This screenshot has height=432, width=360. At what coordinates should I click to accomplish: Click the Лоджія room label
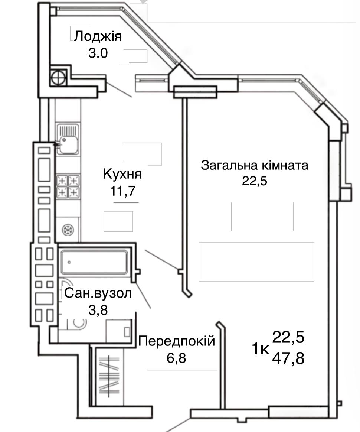pyautogui.click(x=98, y=37)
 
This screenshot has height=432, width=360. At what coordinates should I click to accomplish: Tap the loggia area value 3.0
pyautogui.click(x=98, y=53)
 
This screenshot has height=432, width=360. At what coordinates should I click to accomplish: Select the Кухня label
pyautogui.click(x=122, y=174)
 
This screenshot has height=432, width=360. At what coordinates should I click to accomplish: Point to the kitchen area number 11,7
pyautogui.click(x=123, y=191)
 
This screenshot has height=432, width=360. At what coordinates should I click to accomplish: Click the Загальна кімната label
pyautogui.click(x=255, y=166)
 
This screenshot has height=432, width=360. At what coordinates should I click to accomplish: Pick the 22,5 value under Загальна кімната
pyautogui.click(x=255, y=181)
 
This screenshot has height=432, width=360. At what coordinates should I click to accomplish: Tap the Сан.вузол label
pyautogui.click(x=98, y=294)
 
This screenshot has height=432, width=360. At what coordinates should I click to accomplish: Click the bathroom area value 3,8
pyautogui.click(x=98, y=310)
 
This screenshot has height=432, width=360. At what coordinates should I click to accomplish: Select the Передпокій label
pyautogui.click(x=176, y=341)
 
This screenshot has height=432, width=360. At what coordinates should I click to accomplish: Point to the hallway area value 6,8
pyautogui.click(x=176, y=358)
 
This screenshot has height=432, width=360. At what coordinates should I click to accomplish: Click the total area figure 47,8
pyautogui.click(x=288, y=359)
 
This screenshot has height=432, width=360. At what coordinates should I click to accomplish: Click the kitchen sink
pyautogui.click(x=68, y=139)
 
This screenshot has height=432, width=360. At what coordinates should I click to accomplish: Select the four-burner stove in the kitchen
pyautogui.click(x=68, y=186)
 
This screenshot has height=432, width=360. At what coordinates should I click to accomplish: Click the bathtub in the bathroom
pyautogui.click(x=94, y=262)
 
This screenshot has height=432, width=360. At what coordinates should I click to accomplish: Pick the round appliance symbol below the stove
pyautogui.click(x=68, y=230)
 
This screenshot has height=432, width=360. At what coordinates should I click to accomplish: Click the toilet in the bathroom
pyautogui.click(x=77, y=324)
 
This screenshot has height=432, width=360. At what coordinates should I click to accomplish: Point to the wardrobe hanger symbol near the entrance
pyautogui.click(x=109, y=376)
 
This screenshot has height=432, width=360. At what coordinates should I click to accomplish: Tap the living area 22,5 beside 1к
pyautogui.click(x=288, y=337)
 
